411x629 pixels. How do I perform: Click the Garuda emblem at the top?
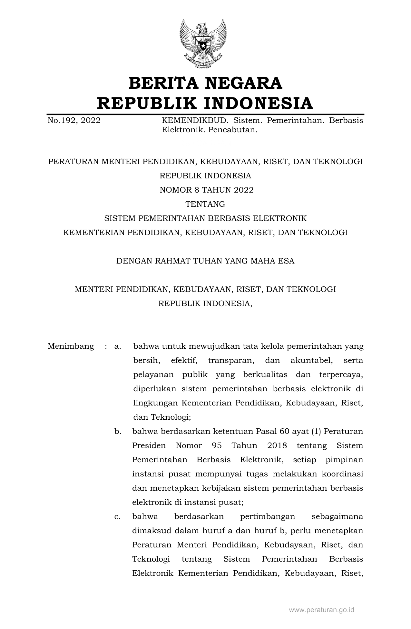[203, 44]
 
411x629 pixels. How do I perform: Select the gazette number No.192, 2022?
[74, 121]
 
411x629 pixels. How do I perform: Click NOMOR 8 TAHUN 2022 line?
[206, 190]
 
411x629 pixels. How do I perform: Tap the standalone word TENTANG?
[205, 204]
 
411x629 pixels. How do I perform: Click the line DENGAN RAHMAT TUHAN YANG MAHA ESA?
[205, 261]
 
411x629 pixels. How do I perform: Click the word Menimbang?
[71, 346]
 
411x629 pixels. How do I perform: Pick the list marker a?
[117, 346]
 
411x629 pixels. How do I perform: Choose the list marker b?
[117, 432]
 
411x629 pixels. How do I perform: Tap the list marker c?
[117, 517]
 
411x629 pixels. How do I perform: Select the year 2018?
[277, 446]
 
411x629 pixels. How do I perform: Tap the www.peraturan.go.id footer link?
[321, 610]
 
